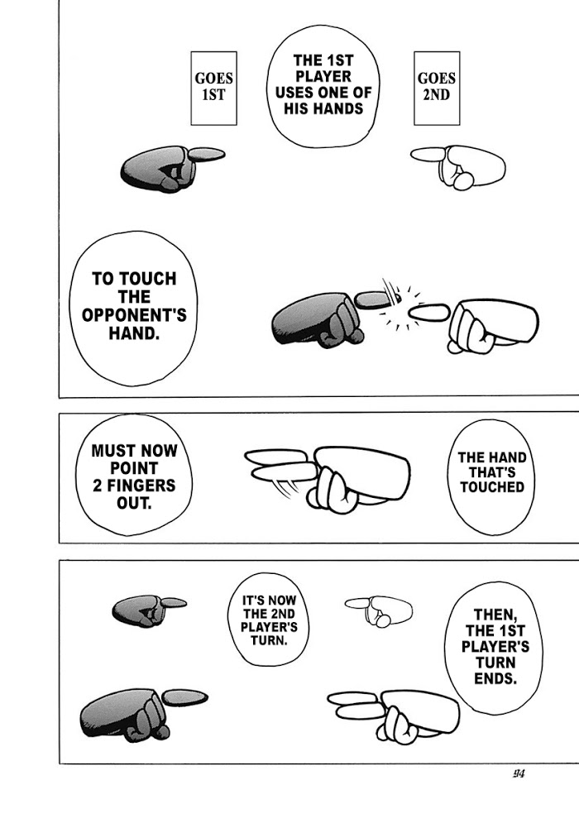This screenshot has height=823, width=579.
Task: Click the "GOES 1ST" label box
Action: click(213, 89)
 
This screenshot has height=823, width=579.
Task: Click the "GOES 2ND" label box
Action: click(437, 89)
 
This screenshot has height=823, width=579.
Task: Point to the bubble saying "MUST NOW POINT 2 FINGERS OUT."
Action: click(134, 476)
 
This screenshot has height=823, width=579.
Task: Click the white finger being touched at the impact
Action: click(428, 312)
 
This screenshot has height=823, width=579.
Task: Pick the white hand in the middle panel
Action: click(328, 476)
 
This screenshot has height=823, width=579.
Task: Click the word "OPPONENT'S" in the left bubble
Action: click(134, 315)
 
